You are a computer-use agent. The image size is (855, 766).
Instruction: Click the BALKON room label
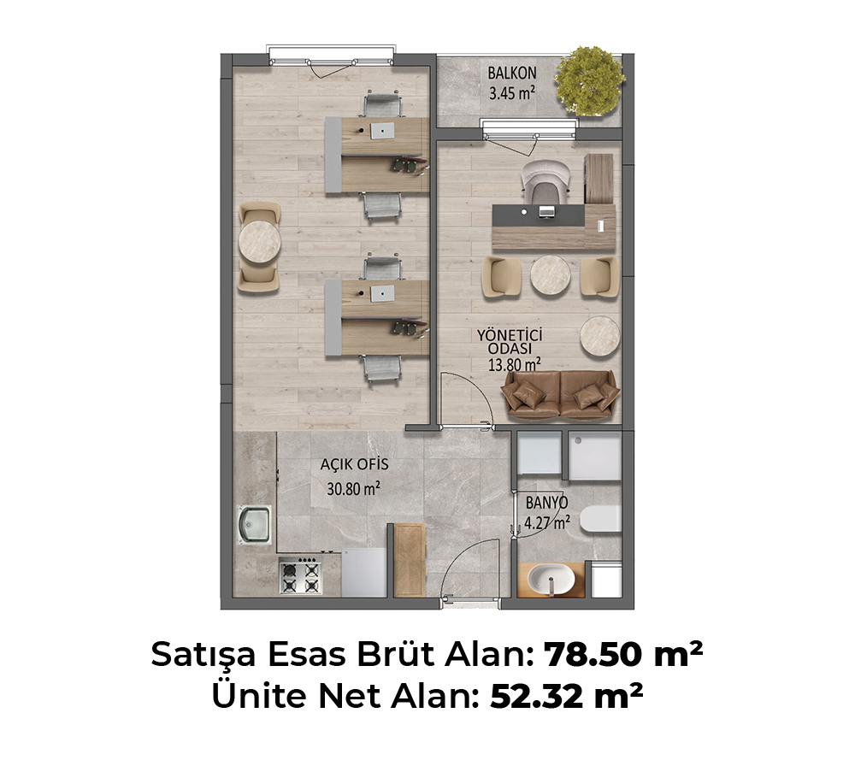click(x=511, y=73)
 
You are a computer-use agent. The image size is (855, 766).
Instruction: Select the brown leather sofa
click(x=561, y=395)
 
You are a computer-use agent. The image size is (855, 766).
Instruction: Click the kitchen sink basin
click(x=254, y=524)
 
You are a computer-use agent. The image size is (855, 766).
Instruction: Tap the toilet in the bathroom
click(x=600, y=518)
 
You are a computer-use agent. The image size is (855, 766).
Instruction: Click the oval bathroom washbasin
click(x=551, y=579)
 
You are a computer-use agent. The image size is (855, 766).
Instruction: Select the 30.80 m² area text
click(x=353, y=488)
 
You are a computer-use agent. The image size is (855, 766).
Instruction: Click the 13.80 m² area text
click(x=514, y=364)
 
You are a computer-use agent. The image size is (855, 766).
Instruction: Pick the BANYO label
click(x=546, y=502)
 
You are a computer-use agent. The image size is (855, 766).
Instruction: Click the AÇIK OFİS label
click(x=355, y=464)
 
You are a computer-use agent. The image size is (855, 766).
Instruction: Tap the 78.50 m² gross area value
click(x=623, y=654)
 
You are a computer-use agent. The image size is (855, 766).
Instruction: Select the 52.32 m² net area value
click(x=566, y=696)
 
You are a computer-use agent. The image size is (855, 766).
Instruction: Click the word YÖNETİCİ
click(x=510, y=335)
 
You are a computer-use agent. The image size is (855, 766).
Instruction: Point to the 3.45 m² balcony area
click(x=511, y=93)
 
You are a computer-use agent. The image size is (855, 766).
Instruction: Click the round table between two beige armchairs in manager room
click(x=551, y=275)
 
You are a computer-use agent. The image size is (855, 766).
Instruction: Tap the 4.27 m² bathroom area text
click(x=547, y=523)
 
